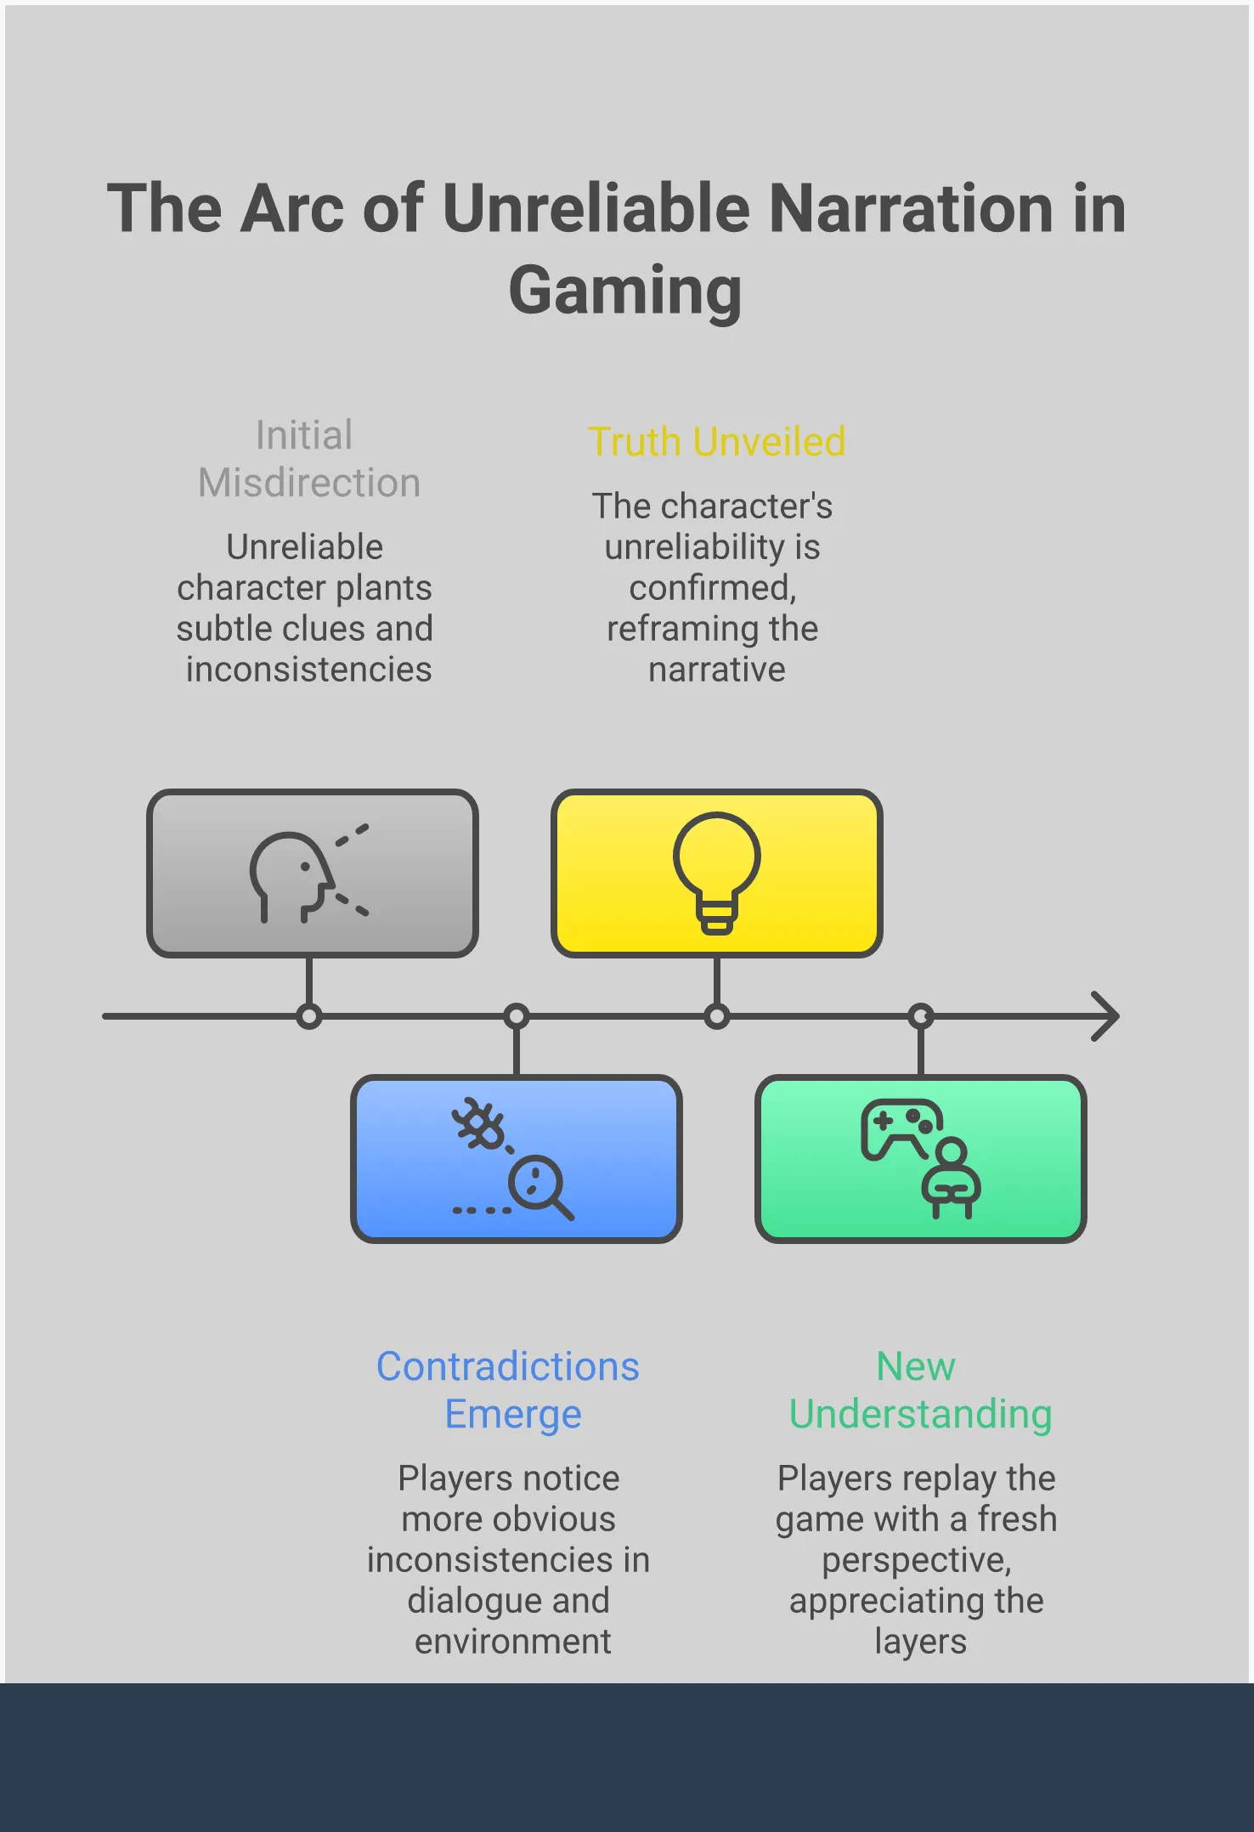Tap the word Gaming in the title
coord(625,291)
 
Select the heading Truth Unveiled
coord(716,442)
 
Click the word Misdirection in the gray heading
coord(309,483)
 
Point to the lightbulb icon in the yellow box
coord(716,872)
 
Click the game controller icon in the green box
coord(900,1127)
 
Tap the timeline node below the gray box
coord(309,1016)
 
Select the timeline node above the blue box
coord(517,1016)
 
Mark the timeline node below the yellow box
coord(717,1016)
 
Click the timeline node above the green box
coord(921,1016)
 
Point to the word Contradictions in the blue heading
coord(508,1366)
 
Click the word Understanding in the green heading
coord(920,1414)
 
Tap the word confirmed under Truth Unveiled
coord(712,588)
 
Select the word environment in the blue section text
coord(512,1642)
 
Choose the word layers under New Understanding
coord(920,1642)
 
